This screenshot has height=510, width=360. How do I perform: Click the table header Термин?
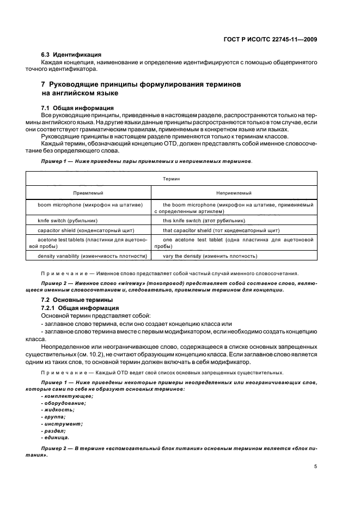(172, 178)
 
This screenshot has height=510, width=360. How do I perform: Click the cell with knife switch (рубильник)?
(68, 221)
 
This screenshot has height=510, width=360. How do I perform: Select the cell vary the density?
(210, 256)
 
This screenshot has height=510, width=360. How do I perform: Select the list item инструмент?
(62, 423)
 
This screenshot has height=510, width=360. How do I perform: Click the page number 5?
(316, 466)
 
